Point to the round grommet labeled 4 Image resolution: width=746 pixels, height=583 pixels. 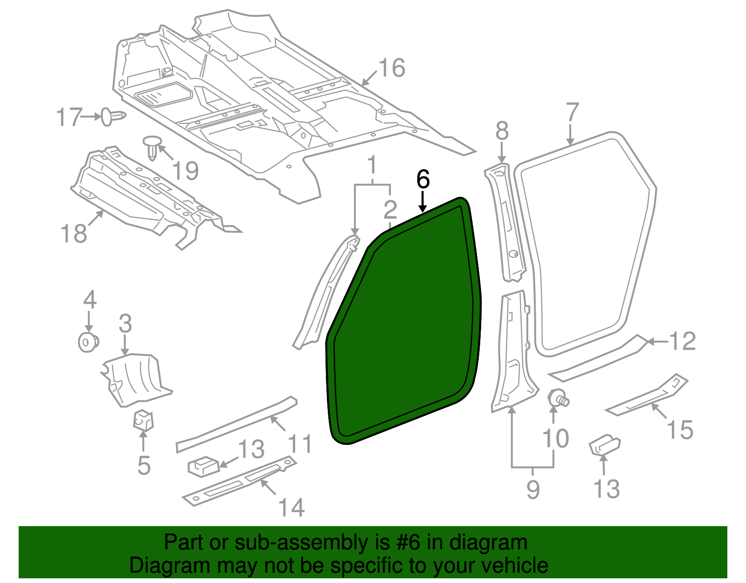(87, 342)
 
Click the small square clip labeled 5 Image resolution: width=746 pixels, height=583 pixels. (143, 420)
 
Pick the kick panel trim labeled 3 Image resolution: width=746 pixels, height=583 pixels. (136, 378)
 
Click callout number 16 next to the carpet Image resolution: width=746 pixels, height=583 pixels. (392, 68)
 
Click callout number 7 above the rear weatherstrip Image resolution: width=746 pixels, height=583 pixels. (572, 113)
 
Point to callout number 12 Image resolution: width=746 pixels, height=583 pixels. (682, 341)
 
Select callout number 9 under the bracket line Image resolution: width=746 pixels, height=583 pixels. (533, 489)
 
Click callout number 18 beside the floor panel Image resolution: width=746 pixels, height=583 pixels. (74, 233)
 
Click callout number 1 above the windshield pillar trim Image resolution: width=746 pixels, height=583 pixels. (372, 166)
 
